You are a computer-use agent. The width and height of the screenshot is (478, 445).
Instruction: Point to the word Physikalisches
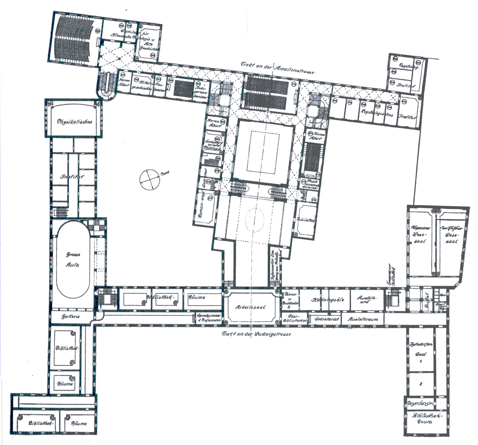click(74, 121)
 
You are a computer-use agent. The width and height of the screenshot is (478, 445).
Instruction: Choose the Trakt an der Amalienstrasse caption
click(278, 69)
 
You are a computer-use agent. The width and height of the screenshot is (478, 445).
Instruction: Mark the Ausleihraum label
click(362, 319)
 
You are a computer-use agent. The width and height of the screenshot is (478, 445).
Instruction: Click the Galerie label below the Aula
click(72, 316)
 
